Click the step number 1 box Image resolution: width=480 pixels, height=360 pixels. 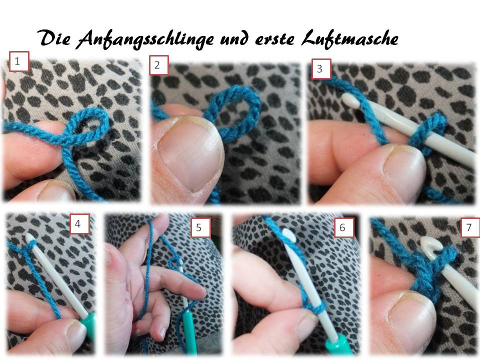(x=19, y=61)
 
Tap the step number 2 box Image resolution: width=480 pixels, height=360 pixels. (x=159, y=65)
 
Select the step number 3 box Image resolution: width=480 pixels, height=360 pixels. (x=321, y=68)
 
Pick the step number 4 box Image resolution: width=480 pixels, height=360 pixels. (x=79, y=224)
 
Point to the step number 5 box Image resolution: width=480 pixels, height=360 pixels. (x=201, y=227)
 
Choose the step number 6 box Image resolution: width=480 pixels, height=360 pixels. (x=344, y=227)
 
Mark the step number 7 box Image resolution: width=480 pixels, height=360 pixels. (x=470, y=227)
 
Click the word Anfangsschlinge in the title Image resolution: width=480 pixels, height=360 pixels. (x=145, y=39)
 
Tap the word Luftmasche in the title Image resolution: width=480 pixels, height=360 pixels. (x=350, y=39)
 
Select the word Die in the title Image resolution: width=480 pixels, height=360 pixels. (x=54, y=38)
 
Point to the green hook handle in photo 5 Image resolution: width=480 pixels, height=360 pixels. (x=189, y=331)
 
